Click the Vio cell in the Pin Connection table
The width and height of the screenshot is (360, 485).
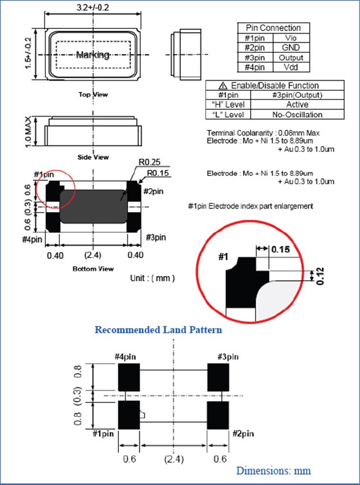pos(291,38)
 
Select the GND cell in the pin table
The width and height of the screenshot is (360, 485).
pos(291,48)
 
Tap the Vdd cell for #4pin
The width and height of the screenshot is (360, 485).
pos(291,68)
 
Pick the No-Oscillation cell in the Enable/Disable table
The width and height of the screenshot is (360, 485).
pos(297,114)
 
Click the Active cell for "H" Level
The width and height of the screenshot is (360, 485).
pos(297,105)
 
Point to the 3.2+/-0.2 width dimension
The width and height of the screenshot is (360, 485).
pos(93,8)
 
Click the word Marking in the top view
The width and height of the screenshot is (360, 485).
pos(93,55)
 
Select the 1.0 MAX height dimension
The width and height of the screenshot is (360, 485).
pos(28,132)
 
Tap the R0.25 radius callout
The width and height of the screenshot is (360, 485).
pos(150,163)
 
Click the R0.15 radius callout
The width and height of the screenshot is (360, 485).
pos(157,172)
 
